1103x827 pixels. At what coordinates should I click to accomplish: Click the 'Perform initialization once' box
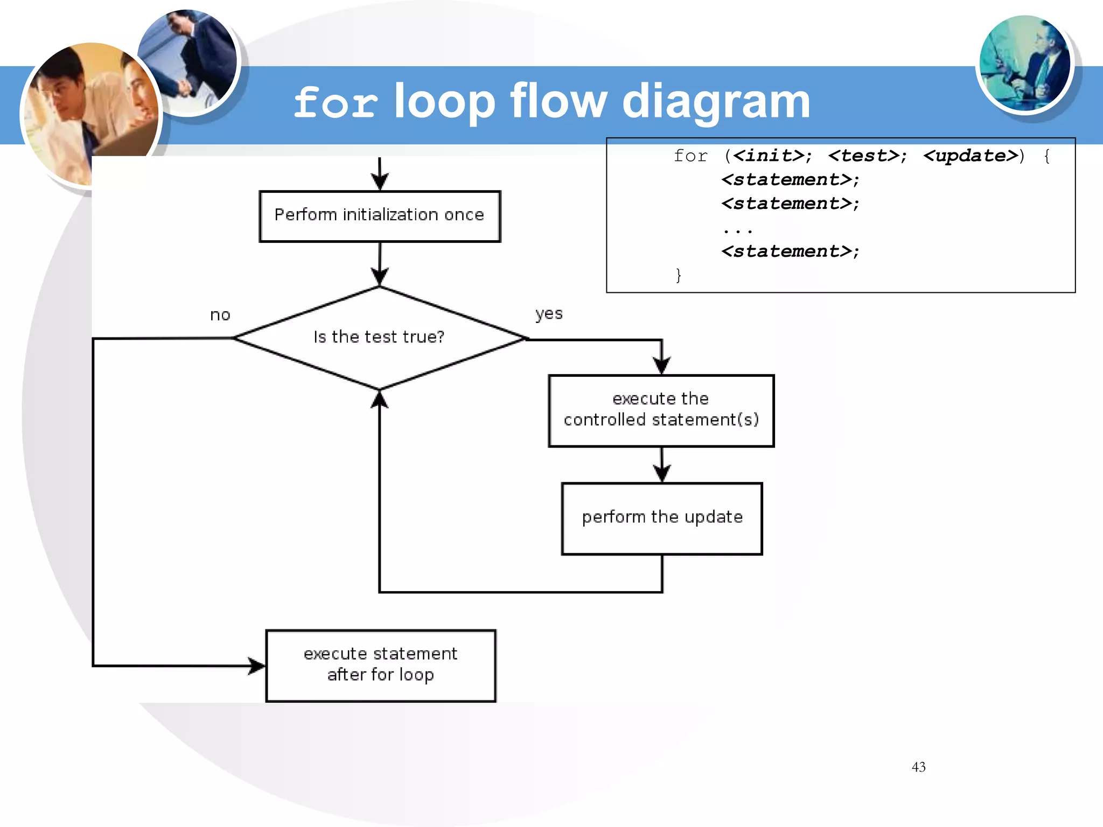pos(380,216)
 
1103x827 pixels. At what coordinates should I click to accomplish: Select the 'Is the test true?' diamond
pos(379,338)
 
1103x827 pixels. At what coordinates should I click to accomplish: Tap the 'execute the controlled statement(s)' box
pos(661,410)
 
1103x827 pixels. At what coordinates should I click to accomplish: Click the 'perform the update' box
pos(662,518)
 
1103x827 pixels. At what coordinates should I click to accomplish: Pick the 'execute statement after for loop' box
pos(380,665)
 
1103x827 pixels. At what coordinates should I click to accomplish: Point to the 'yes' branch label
pos(549,313)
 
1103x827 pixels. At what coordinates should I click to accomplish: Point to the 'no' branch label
pos(220,315)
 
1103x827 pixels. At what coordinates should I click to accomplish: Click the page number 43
pos(918,767)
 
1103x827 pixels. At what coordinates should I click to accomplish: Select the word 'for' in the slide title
pos(336,102)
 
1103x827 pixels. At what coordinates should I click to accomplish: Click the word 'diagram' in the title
pos(716,102)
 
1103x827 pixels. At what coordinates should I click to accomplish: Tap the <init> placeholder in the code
pos(769,156)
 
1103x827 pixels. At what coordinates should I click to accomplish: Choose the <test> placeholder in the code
pos(864,156)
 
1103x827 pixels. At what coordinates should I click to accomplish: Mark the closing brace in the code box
pos(679,275)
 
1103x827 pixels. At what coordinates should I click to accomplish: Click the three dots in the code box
pos(737,230)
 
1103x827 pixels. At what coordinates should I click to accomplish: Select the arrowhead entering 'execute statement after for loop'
pos(257,666)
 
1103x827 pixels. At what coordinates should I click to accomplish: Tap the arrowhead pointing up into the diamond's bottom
pos(380,400)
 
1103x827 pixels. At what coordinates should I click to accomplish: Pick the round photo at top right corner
pos(1024,64)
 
